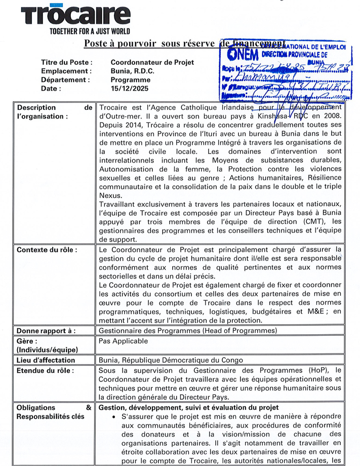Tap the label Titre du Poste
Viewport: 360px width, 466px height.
pyautogui.click(x=67, y=62)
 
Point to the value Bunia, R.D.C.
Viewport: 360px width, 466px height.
pyautogui.click(x=133, y=71)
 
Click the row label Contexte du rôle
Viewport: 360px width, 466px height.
pyautogui.click(x=47, y=250)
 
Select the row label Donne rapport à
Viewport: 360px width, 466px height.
pyautogui.click(x=46, y=331)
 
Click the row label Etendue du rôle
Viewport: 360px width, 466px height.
pyautogui.click(x=45, y=370)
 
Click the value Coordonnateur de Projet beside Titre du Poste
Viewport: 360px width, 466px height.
pyautogui.click(x=152, y=62)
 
